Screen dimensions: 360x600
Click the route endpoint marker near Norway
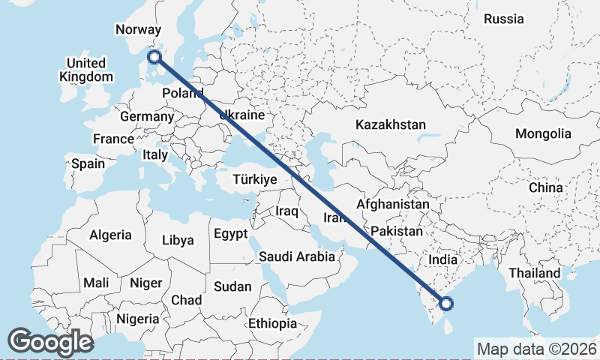tap(154, 57)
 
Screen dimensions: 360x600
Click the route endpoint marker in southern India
tap(447, 304)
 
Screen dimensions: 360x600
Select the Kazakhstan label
tap(391, 124)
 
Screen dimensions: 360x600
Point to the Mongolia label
tap(543, 134)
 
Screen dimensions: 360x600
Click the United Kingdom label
tap(86, 70)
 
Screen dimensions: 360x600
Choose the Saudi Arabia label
tap(297, 256)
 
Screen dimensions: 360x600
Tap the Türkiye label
tap(255, 180)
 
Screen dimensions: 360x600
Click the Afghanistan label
tap(393, 204)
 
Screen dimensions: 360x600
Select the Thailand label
tap(534, 273)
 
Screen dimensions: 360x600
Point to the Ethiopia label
tap(273, 324)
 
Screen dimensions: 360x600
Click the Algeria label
tap(110, 235)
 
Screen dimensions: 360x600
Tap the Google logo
tap(50, 342)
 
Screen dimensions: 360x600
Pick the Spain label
tap(88, 163)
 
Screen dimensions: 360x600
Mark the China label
tap(545, 187)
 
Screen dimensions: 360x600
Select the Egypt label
tap(230, 234)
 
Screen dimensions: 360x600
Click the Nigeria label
tap(137, 319)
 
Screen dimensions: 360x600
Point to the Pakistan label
tap(396, 231)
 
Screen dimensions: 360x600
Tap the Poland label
tap(182, 93)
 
